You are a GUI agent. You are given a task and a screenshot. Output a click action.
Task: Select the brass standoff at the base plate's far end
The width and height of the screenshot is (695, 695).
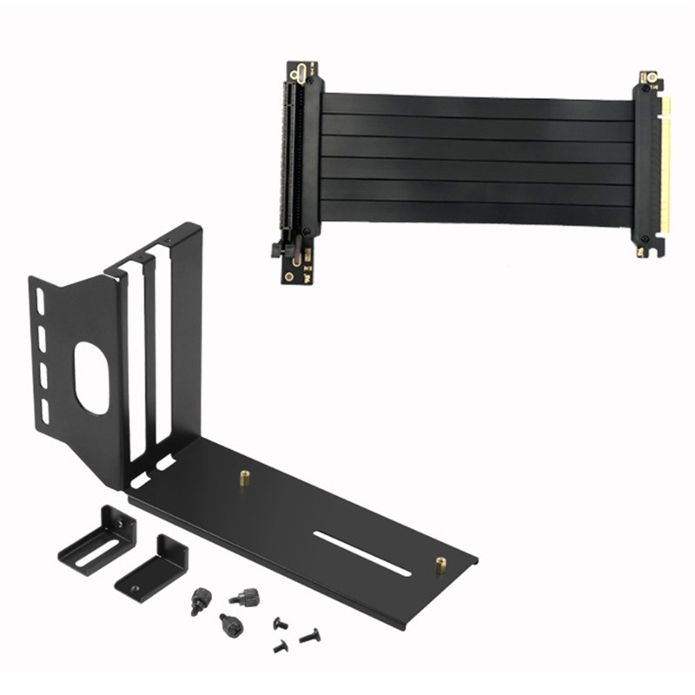tap(440, 566)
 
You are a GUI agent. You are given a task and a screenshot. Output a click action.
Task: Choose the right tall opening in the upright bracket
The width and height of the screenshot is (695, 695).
tap(162, 347)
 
